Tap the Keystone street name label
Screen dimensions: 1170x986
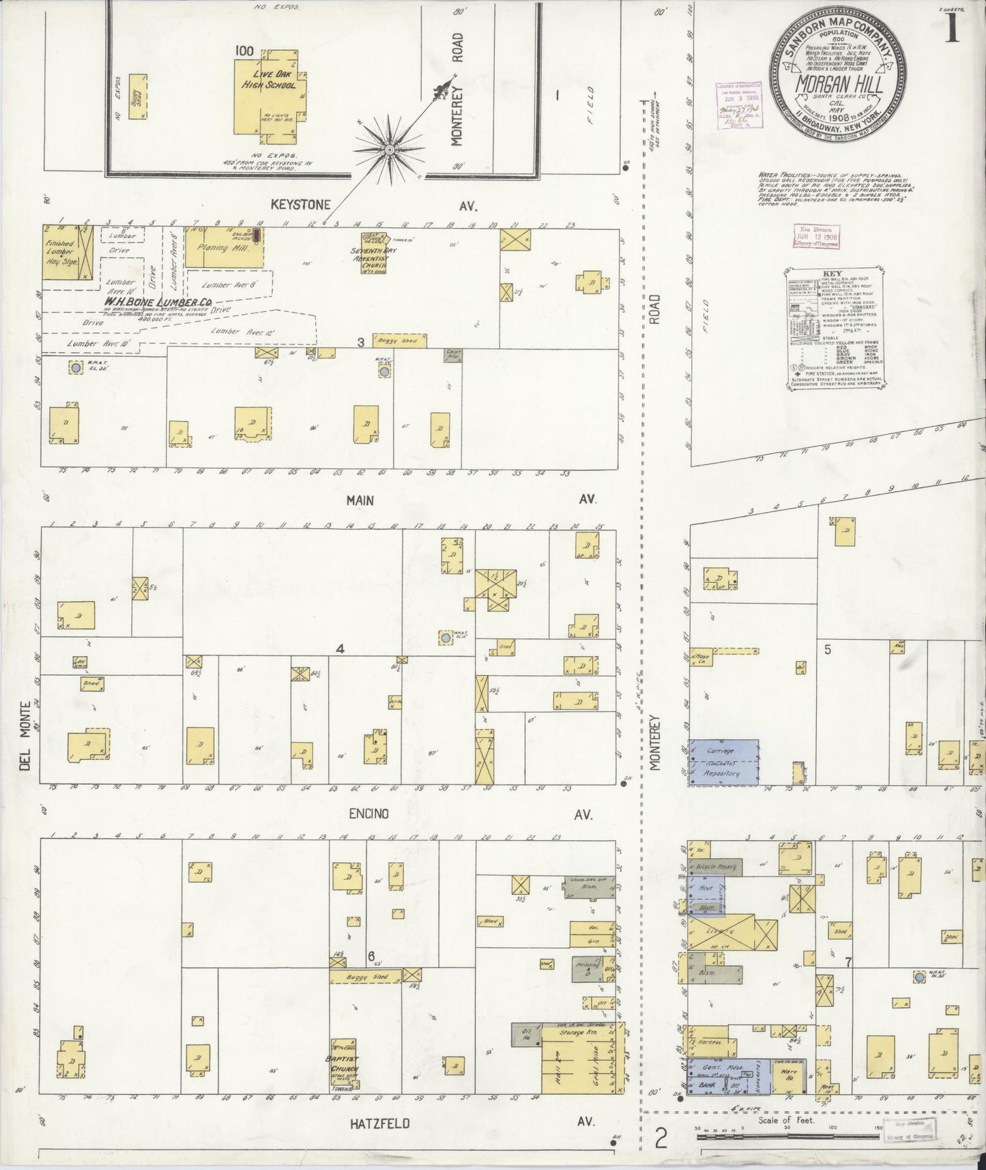click(301, 205)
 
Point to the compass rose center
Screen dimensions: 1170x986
click(389, 149)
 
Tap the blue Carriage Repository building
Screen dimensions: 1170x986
click(723, 761)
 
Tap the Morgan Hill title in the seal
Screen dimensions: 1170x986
click(840, 85)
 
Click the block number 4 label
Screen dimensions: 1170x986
click(339, 649)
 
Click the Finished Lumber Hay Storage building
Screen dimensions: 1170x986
click(59, 252)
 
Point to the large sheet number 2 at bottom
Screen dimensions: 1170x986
click(660, 1139)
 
